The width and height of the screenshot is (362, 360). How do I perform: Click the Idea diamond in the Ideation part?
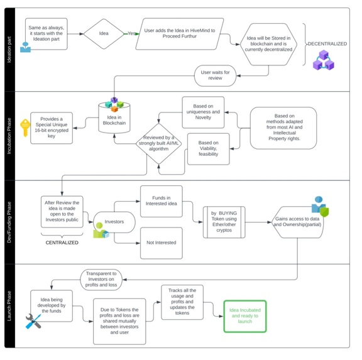pos(104,33)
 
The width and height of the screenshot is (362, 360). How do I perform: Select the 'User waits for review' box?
pos(215,75)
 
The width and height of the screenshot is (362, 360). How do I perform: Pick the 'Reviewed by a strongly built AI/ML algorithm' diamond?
pos(158,143)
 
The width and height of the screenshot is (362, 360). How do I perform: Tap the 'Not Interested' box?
pos(161,242)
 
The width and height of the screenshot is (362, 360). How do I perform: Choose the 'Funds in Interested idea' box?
pos(161,200)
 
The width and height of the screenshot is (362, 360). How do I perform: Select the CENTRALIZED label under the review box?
pos(62,241)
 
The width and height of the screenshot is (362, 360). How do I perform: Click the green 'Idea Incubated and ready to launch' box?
pos(246,315)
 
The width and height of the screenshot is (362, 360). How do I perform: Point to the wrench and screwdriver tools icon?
pos(33,322)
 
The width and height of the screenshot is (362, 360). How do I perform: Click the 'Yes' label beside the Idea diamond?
pos(132,33)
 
